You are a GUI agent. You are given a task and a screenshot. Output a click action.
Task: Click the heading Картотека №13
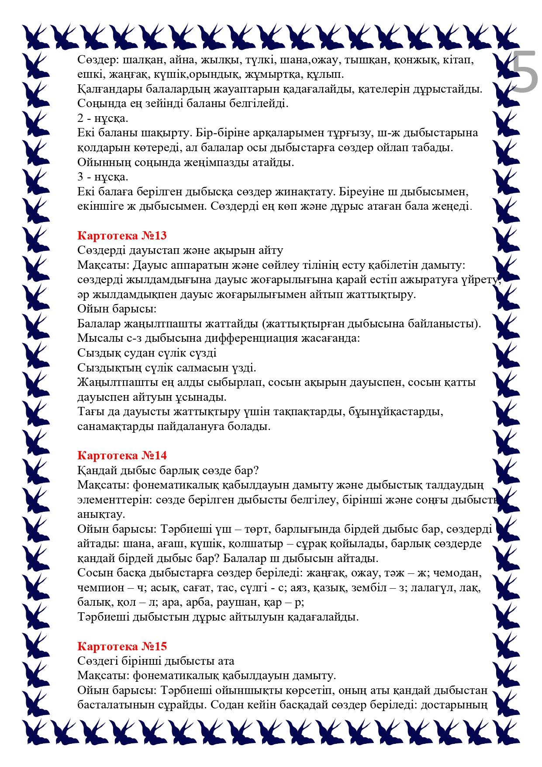122,236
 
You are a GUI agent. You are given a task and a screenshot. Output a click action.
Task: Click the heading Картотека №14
122,455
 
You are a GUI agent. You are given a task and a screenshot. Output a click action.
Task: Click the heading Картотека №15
122,646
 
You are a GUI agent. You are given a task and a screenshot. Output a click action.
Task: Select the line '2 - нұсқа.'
103,118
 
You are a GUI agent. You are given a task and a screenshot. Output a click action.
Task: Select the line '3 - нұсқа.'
103,177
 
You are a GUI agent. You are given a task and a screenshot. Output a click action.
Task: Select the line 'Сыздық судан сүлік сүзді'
147,353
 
